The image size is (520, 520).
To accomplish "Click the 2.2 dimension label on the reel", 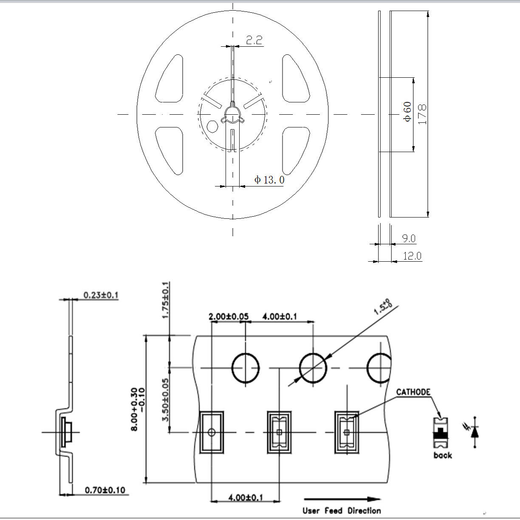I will point(254,40).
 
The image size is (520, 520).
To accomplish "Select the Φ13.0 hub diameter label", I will point(269,180).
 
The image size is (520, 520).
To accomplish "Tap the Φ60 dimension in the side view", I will point(407,112).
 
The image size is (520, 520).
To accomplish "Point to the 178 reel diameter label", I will point(422,114).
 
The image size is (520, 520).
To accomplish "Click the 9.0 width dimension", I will point(408,239).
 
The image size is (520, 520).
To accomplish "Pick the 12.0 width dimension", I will point(412,256).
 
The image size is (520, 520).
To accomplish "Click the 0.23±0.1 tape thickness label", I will point(101,295).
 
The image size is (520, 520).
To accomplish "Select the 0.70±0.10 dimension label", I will point(105,490).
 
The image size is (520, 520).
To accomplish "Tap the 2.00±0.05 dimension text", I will point(229,317).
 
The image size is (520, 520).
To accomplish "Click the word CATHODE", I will point(413,392).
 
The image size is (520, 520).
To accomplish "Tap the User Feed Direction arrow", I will point(342,500).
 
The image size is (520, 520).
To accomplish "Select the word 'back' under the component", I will point(443,455).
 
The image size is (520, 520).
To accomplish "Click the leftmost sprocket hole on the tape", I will point(245,368).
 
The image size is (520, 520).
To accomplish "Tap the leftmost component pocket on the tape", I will point(211,432).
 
